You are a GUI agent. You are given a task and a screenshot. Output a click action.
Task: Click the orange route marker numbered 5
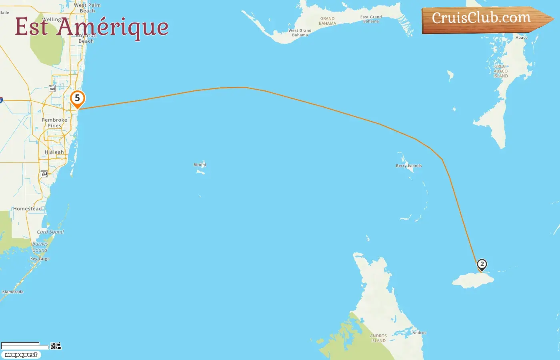point(78,98)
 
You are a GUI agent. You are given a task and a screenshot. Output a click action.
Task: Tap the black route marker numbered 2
point(482,264)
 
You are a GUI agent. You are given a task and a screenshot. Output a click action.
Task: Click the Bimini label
point(200,165)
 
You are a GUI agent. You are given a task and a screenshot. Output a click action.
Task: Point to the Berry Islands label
point(409,166)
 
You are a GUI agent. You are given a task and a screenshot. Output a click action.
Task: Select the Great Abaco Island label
point(501,71)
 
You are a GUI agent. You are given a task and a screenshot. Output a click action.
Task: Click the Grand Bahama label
point(327,21)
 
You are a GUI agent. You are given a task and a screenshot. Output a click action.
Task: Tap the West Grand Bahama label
point(300,33)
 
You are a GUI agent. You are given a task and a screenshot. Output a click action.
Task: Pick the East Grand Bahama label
point(371,19)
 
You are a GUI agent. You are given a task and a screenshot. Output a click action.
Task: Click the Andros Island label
point(378,338)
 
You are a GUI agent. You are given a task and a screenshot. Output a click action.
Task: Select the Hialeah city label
point(54,152)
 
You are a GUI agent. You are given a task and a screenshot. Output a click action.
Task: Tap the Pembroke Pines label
point(54,123)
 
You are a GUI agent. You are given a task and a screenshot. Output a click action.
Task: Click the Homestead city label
point(27,209)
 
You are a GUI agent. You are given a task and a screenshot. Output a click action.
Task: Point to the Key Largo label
point(40,259)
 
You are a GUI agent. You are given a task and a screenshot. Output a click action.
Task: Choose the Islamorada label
point(12,292)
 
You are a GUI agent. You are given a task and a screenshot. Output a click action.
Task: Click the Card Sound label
point(50,232)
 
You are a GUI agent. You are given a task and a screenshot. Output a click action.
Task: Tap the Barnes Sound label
point(40,247)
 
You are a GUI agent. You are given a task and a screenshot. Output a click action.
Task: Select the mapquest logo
point(21,355)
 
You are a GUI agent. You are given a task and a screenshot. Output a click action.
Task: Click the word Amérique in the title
point(112,27)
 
